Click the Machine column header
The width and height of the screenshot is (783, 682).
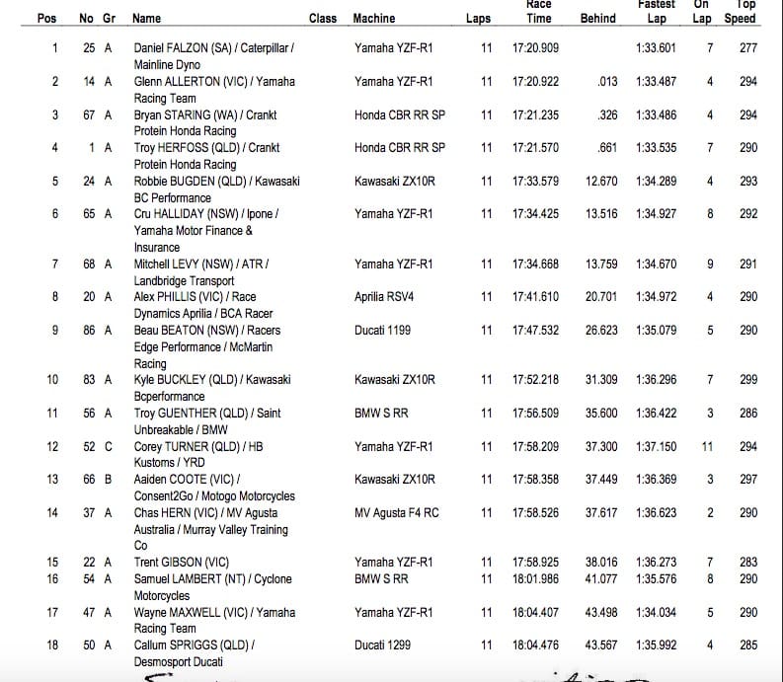(x=373, y=19)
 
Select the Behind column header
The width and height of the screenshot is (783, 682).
(x=597, y=19)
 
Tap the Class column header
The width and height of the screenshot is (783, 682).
(x=323, y=19)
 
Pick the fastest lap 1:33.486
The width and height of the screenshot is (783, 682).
(x=657, y=114)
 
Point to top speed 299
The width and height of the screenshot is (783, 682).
(x=747, y=379)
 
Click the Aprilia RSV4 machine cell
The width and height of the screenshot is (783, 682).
(x=386, y=296)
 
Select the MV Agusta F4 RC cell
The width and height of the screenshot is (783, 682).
(x=399, y=512)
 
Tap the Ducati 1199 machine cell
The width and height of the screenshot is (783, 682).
(x=382, y=330)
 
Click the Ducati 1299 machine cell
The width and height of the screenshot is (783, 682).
(x=382, y=645)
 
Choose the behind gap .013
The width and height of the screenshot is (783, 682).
(x=607, y=81)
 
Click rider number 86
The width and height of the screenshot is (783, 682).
(x=88, y=330)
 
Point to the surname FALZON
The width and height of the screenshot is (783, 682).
(x=195, y=47)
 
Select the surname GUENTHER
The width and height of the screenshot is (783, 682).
(x=198, y=413)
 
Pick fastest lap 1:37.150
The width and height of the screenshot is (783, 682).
(x=657, y=446)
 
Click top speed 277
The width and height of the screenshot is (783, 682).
(x=747, y=47)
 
